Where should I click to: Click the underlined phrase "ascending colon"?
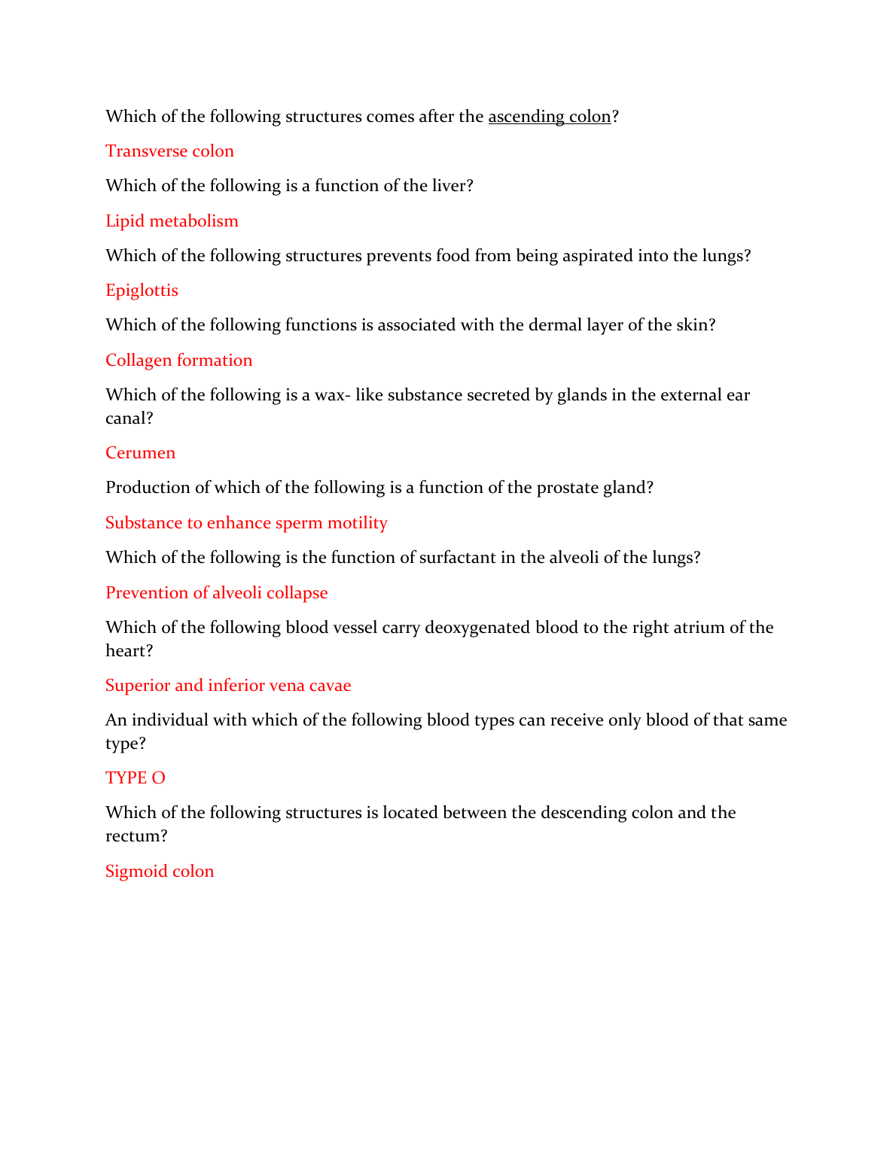(549, 117)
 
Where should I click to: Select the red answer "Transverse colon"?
(169, 151)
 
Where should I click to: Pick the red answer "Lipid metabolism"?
(172, 221)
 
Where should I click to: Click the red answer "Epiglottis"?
(142, 291)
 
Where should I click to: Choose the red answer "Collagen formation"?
(178, 360)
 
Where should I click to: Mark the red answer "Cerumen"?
(140, 453)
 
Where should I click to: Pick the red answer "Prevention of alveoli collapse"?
(216, 593)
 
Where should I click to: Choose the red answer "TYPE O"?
(135, 778)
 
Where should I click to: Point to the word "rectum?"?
(136, 836)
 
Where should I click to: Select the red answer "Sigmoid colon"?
(160, 872)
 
